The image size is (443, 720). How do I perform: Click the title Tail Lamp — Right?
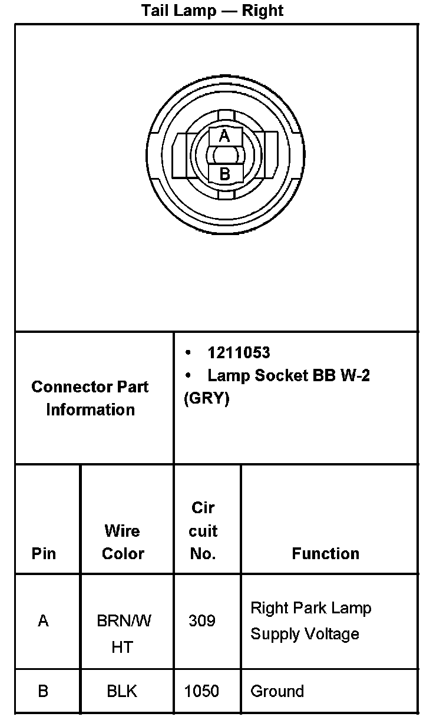[212, 11]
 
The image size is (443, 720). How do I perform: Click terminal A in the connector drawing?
[224, 137]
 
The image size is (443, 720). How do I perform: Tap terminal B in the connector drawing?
[224, 174]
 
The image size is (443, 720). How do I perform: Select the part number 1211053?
[239, 352]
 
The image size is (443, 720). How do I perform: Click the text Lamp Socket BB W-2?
[288, 375]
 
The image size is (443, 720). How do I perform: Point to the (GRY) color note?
[207, 398]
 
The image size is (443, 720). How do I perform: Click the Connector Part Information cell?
[90, 398]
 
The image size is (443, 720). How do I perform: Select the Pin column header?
[44, 553]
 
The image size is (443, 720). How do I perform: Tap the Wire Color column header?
[123, 542]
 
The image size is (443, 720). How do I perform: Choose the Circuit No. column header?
[203, 530]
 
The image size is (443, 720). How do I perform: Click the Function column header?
[325, 553]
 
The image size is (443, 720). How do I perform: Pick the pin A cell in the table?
[43, 620]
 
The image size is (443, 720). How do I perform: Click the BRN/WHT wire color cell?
[123, 633]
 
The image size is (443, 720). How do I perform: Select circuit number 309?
[202, 620]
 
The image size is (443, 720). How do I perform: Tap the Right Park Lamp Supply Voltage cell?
[310, 620]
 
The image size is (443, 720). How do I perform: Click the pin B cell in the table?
[43, 691]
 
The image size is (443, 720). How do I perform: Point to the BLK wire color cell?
[122, 691]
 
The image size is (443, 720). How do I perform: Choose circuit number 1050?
[202, 691]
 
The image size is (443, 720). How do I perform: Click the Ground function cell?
[277, 691]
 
